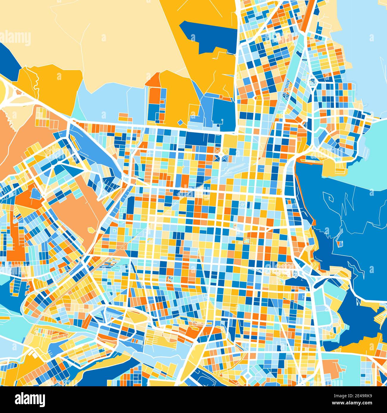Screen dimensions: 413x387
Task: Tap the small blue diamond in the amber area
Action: tap(180, 122)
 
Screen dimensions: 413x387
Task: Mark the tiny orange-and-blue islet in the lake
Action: tap(339, 244)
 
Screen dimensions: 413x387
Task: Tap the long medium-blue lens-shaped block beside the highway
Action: tap(92, 146)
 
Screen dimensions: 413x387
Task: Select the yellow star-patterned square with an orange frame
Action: tap(246, 240)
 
